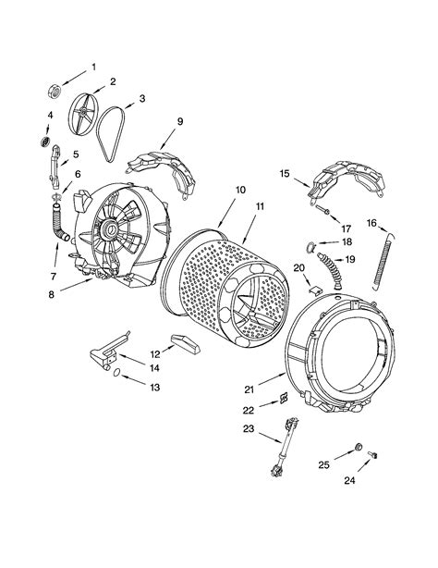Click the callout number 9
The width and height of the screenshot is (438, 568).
(180, 120)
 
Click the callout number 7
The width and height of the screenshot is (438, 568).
(55, 276)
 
